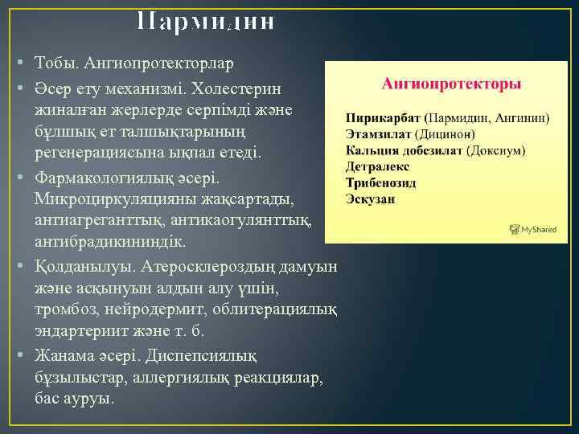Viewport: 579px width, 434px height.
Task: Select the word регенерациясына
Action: [x=91, y=151]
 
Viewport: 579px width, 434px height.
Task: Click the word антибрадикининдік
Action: [x=110, y=241]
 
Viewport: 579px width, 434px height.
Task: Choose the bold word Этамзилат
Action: [x=379, y=134]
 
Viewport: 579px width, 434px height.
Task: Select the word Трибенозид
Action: [x=382, y=182]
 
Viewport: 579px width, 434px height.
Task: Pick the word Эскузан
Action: [x=370, y=199]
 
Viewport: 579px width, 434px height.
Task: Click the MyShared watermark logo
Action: [x=533, y=229]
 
